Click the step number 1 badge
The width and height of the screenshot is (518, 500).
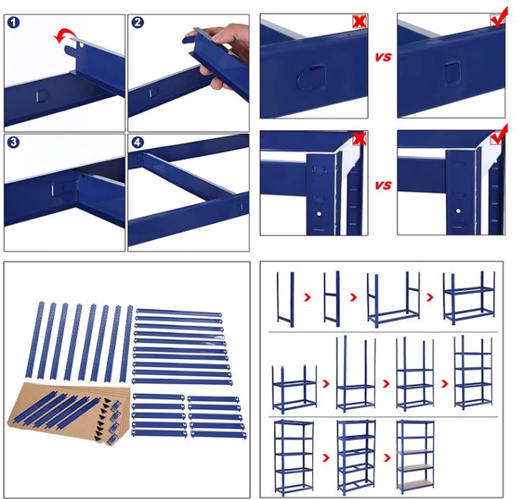(x=14, y=22)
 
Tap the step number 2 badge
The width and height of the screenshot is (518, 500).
(x=137, y=22)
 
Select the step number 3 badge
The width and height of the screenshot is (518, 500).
(x=14, y=142)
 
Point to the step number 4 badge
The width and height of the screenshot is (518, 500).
(x=137, y=142)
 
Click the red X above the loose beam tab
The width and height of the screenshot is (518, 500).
(x=359, y=21)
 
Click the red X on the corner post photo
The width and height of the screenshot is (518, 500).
(x=359, y=139)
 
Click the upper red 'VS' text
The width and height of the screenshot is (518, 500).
(x=383, y=57)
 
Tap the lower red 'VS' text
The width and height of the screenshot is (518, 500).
(x=383, y=185)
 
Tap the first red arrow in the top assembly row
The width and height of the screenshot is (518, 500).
(x=307, y=297)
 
